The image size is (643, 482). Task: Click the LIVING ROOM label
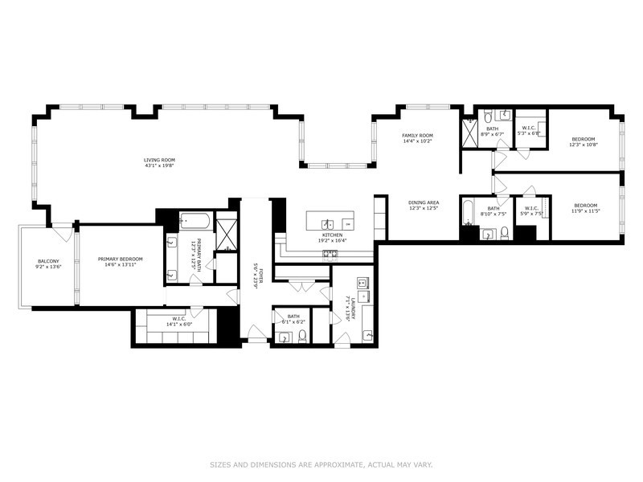159,160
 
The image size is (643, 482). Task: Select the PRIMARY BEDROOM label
120,259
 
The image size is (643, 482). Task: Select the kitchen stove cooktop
330,253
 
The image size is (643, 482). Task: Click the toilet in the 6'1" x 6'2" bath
301,336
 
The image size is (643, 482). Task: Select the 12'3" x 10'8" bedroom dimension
584,144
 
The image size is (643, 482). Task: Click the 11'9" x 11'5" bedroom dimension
586,210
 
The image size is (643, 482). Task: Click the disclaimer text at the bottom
321,464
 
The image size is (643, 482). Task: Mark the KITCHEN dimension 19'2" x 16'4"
333,239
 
